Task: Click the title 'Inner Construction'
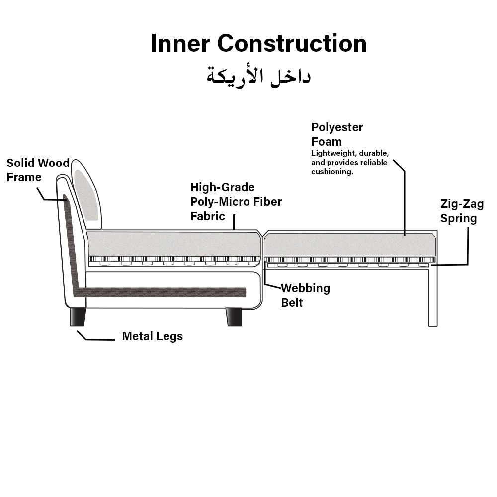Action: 258,43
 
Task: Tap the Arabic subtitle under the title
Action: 258,77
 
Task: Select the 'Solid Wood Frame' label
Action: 38,170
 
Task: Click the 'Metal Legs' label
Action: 153,336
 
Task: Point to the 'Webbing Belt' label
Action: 306,295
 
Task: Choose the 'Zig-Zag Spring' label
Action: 462,211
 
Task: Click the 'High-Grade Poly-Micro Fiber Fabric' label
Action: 236,202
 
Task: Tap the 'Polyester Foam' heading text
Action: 337,134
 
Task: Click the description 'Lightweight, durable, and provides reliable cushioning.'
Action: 350,163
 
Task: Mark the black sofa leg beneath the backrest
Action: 78,317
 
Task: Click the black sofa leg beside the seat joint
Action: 234,317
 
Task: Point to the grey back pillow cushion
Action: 86,195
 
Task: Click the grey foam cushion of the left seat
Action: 173,244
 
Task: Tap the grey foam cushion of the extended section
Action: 349,245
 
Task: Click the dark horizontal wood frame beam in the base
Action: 160,292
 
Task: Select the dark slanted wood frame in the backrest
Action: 71,244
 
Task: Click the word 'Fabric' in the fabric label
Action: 208,216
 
